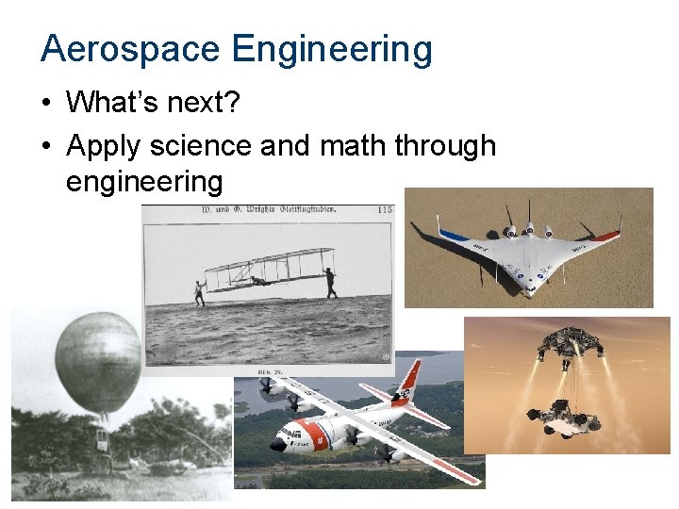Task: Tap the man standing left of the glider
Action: coord(200,292)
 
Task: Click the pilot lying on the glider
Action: coord(258,278)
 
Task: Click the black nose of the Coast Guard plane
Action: coord(277,444)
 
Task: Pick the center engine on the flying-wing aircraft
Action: coord(530,231)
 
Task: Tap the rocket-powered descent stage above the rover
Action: coord(569,345)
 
